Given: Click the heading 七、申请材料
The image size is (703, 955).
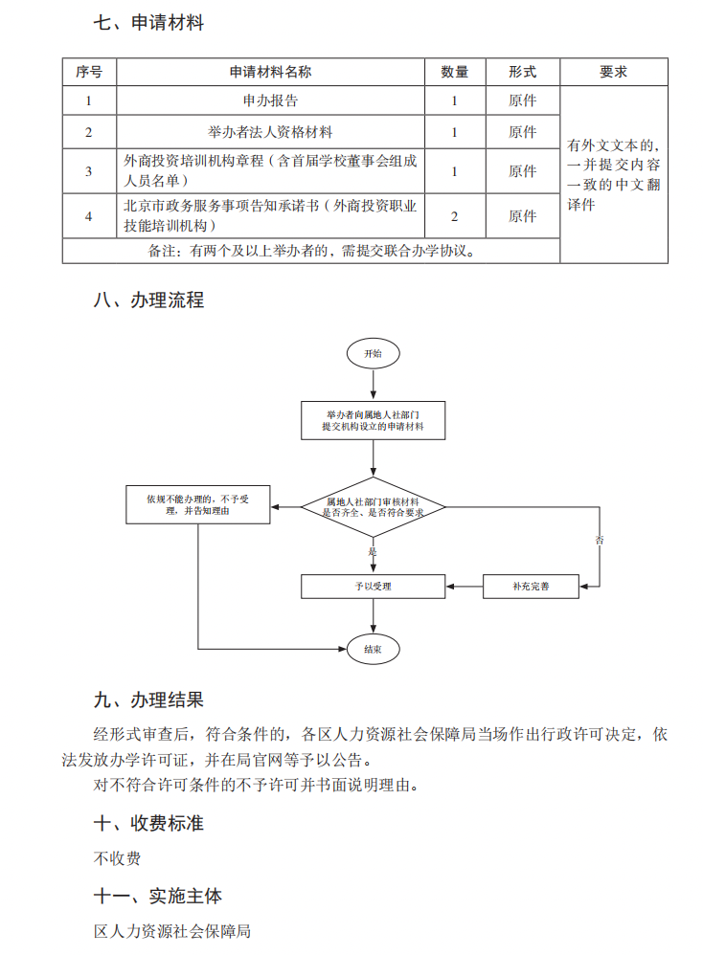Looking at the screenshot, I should point(148,24).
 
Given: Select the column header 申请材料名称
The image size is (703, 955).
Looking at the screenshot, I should point(270,72).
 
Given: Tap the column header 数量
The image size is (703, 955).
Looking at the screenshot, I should point(454,72).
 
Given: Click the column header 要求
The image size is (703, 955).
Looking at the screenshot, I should point(613,72).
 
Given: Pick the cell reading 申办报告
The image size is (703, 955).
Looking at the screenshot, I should point(270,100).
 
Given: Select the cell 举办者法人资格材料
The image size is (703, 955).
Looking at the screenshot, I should point(270,132).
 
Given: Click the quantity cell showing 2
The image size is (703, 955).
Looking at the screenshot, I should point(454,216).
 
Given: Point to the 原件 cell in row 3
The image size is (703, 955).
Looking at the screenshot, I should point(522,171).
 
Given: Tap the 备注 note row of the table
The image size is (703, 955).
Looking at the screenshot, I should point(311,252).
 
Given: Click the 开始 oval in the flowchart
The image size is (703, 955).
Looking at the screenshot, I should point(373,353).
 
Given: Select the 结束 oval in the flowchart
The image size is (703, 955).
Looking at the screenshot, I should point(373,650).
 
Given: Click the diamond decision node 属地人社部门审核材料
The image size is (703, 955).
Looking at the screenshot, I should point(373,507).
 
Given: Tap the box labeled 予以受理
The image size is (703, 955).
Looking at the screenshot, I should point(373,586).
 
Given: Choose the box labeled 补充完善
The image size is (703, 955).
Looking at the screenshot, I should point(531,586).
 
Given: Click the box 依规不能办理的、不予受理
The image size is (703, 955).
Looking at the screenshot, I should point(197,504).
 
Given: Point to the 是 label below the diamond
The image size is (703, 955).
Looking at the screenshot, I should point(373,552).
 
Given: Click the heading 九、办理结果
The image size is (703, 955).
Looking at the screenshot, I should point(148,700).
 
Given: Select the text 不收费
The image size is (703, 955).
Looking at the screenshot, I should point(118,857).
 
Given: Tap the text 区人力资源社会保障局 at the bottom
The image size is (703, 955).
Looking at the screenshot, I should point(172,930).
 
